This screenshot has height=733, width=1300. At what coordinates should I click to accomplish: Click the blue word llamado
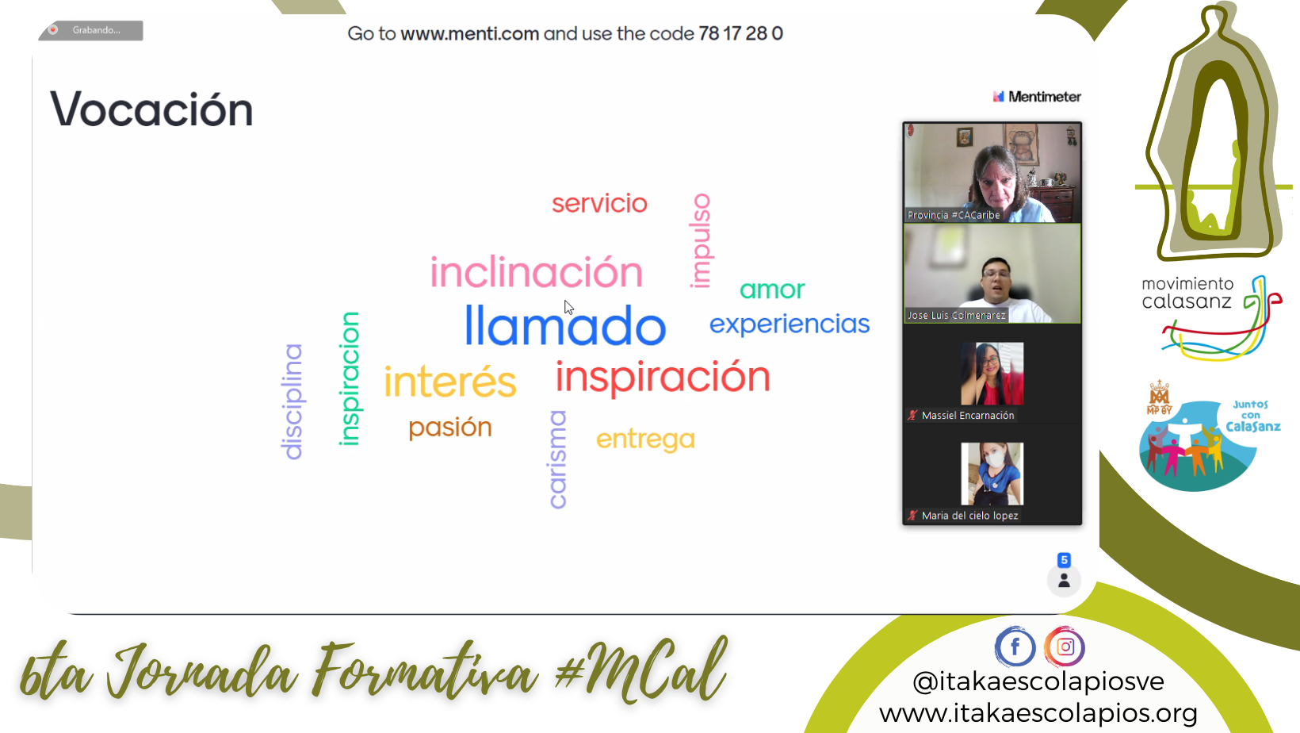(565, 326)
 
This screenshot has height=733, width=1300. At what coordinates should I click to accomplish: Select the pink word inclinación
(536, 272)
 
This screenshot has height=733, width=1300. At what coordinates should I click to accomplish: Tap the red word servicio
(599, 204)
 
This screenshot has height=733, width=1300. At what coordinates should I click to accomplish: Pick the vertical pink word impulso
(701, 241)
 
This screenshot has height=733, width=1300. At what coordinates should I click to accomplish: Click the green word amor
(772, 290)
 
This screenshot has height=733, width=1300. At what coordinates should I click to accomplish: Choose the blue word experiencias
(790, 324)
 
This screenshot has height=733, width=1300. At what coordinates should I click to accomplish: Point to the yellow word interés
(450, 381)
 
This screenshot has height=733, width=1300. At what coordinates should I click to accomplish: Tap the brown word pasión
(450, 428)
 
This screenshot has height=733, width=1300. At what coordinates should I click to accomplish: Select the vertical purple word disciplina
(292, 402)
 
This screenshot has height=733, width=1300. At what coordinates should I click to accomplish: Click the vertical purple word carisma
(558, 459)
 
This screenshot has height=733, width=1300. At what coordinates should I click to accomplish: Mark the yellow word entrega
(645, 439)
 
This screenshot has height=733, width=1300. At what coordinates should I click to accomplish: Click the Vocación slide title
(151, 109)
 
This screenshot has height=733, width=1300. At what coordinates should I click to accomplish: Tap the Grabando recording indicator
(91, 30)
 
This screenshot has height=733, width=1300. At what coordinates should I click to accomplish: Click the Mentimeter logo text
(1037, 97)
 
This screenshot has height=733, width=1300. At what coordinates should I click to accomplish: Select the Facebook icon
(1015, 646)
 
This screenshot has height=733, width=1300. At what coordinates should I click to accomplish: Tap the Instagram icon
(1065, 646)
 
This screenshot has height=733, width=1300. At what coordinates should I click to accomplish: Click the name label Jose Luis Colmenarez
(957, 316)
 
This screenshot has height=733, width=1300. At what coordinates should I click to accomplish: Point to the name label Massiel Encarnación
(967, 416)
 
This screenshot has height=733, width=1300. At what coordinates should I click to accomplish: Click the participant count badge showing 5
(1064, 560)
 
